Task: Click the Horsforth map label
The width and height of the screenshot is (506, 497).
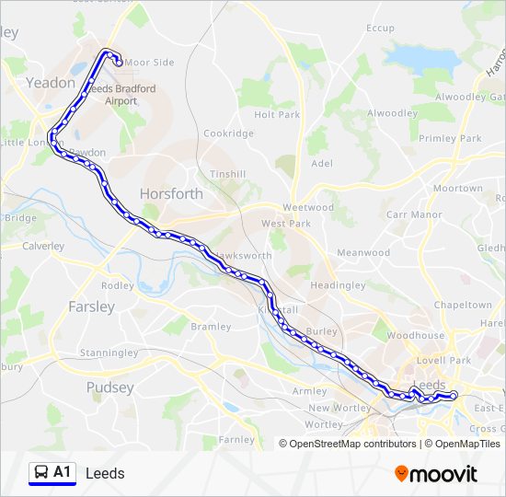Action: pyautogui.click(x=170, y=193)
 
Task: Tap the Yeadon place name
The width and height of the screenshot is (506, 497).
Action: pyautogui.click(x=52, y=82)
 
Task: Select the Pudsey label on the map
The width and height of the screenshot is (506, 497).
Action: pyautogui.click(x=109, y=387)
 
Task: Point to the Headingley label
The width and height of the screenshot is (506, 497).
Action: pyautogui.click(x=338, y=285)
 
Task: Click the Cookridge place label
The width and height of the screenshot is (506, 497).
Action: pyautogui.click(x=228, y=133)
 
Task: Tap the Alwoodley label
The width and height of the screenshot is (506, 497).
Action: pyautogui.click(x=392, y=113)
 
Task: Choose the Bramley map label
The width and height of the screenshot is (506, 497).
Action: pyautogui.click(x=211, y=327)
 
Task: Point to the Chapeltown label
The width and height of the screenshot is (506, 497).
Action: pyautogui.click(x=463, y=305)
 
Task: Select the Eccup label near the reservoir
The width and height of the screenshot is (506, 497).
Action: pyautogui.click(x=380, y=29)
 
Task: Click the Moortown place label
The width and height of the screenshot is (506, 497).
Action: pyautogui.click(x=457, y=188)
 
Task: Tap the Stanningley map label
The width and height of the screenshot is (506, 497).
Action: pyautogui.click(x=109, y=353)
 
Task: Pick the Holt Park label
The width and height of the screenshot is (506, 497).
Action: pyautogui.click(x=277, y=115)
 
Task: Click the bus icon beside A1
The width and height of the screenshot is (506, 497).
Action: pyautogui.click(x=40, y=473)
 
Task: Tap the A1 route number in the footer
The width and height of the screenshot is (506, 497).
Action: pyautogui.click(x=63, y=472)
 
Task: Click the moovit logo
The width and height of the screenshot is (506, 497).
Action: pyautogui.click(x=436, y=474)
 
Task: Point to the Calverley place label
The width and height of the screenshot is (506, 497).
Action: pyautogui.click(x=43, y=246)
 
